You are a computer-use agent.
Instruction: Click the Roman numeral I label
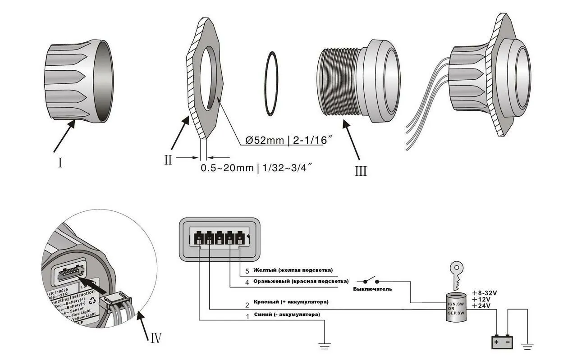(x=60, y=162)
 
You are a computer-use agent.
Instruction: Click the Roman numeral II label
(x=168, y=159)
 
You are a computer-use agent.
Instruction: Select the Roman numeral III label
(x=361, y=171)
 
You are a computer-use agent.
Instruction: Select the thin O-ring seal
(x=274, y=84)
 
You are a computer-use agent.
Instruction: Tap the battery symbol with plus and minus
(x=502, y=342)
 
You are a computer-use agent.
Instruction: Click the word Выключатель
(x=372, y=289)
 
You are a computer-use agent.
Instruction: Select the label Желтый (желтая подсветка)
(x=293, y=270)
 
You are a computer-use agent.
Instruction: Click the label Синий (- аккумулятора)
(x=287, y=314)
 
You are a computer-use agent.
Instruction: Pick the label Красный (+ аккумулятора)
(x=291, y=301)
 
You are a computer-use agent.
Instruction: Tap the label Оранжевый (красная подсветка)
(x=301, y=282)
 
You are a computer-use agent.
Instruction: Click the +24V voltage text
(x=481, y=306)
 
